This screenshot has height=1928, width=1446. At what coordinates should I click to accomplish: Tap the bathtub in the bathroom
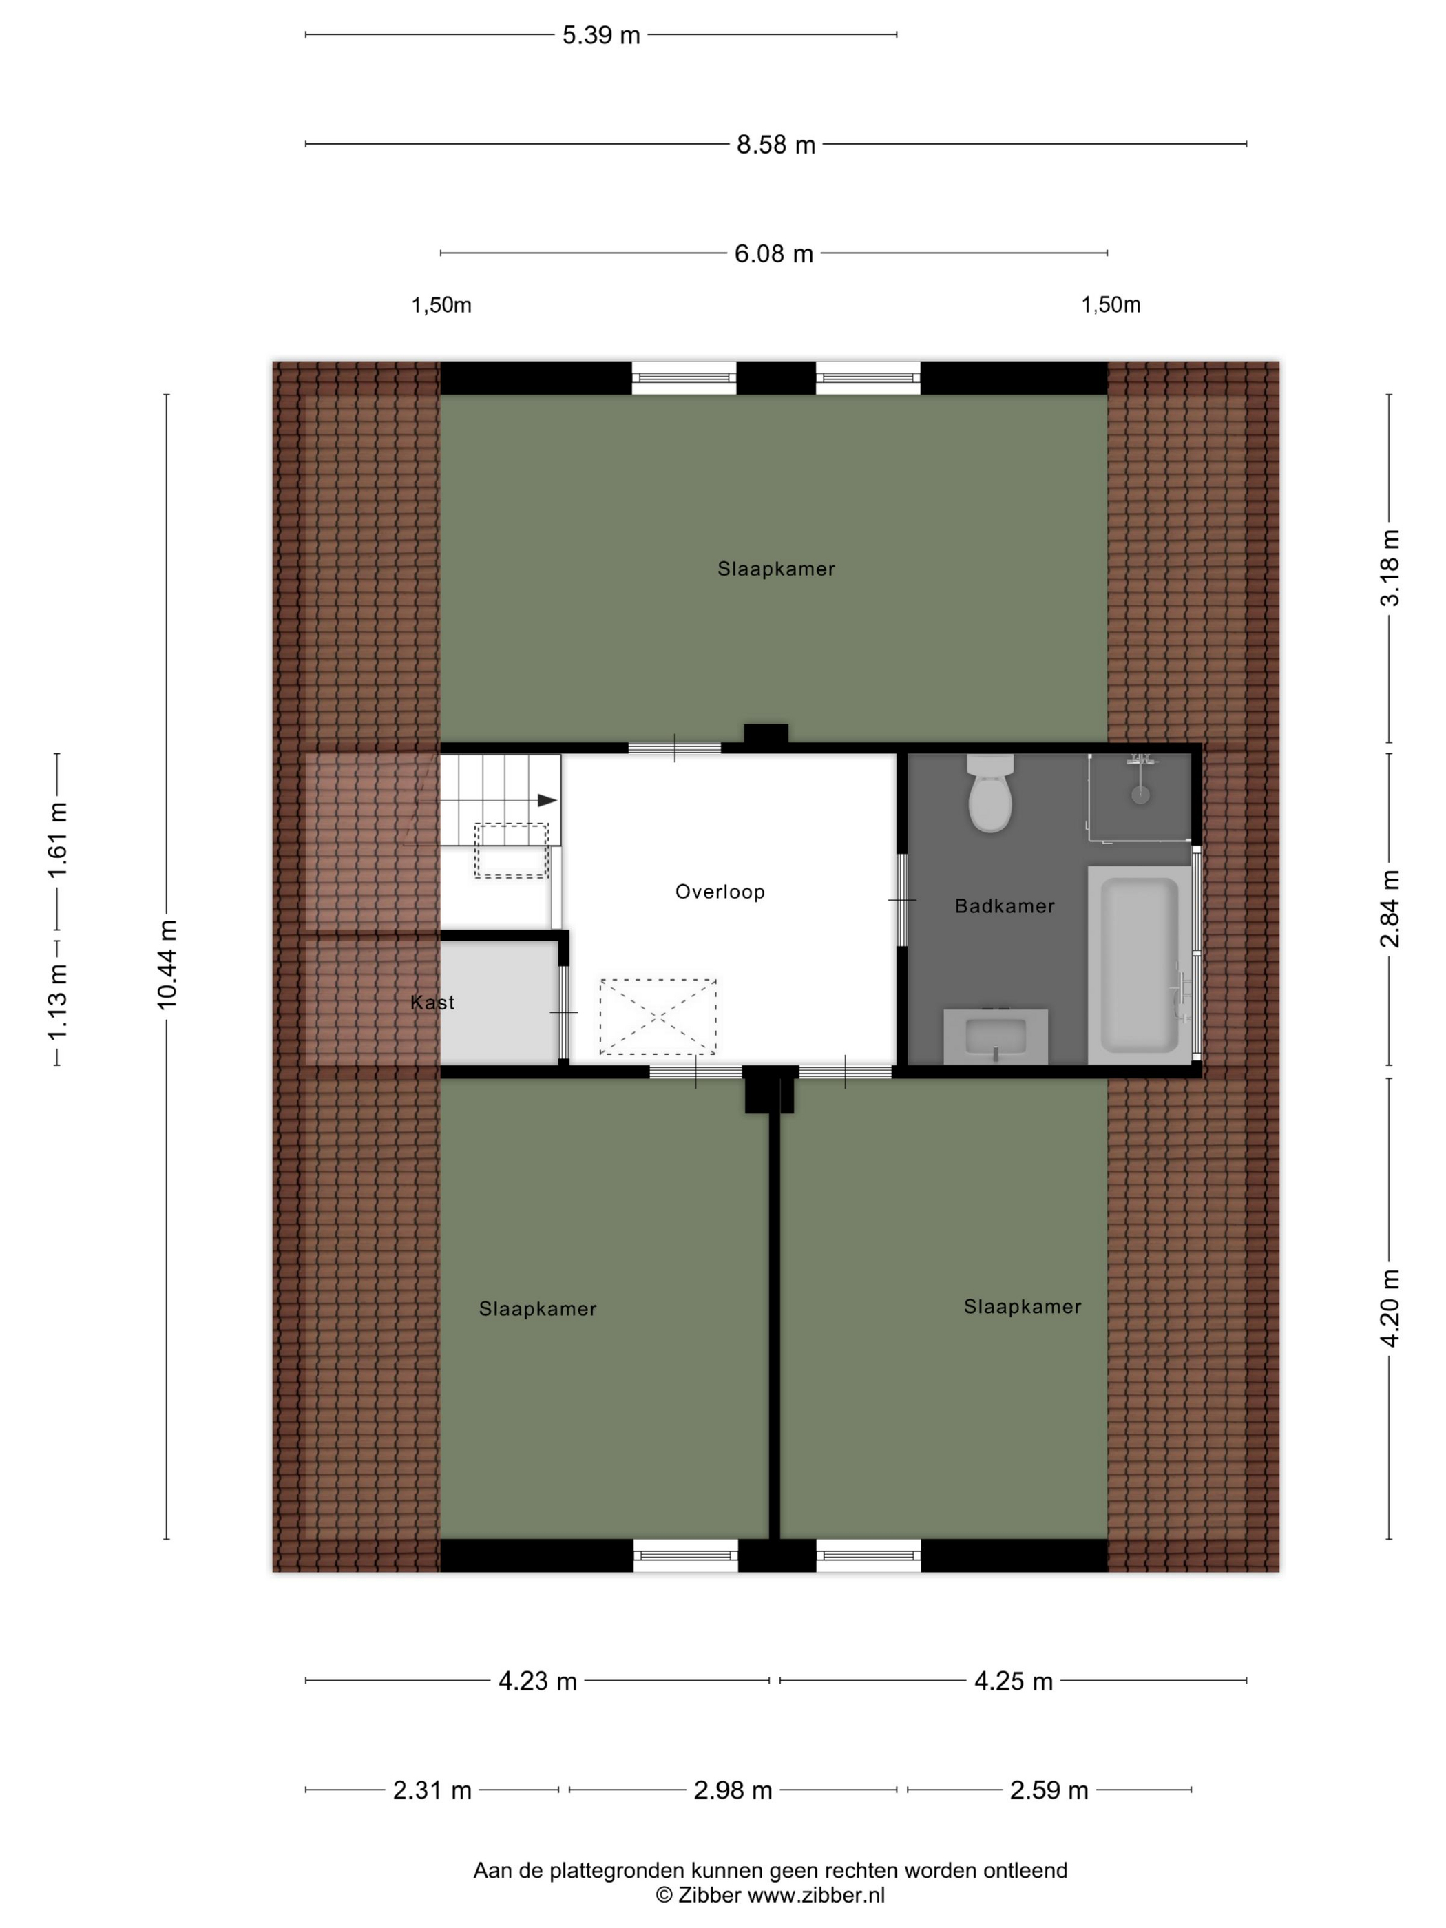coord(1139,965)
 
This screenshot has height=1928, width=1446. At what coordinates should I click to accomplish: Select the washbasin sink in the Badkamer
coord(996,1036)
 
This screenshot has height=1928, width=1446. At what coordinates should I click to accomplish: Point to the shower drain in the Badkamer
coord(1139,795)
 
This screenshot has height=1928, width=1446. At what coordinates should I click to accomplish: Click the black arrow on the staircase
coord(547,800)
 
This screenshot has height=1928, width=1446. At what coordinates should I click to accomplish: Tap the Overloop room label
coord(720,892)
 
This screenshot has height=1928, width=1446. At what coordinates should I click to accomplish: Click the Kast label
coord(432,1003)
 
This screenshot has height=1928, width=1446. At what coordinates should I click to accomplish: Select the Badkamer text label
coord(1005,905)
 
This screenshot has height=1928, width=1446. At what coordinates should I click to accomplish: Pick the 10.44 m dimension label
coord(167,965)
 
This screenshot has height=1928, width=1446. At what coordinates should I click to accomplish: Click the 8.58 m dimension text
coord(776,145)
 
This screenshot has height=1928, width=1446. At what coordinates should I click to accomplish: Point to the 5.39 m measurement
coord(600,36)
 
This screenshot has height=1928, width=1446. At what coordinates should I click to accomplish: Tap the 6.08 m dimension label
coord(773,253)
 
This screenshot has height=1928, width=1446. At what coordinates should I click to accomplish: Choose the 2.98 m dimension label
coord(733,1790)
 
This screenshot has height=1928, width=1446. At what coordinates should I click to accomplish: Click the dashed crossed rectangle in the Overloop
coord(658,1016)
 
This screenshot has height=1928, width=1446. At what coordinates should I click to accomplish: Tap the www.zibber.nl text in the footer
coord(817,1895)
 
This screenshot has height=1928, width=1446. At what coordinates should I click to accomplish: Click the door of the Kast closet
coord(563,1012)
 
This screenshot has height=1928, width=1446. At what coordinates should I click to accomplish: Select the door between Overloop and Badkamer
coord(902,899)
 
